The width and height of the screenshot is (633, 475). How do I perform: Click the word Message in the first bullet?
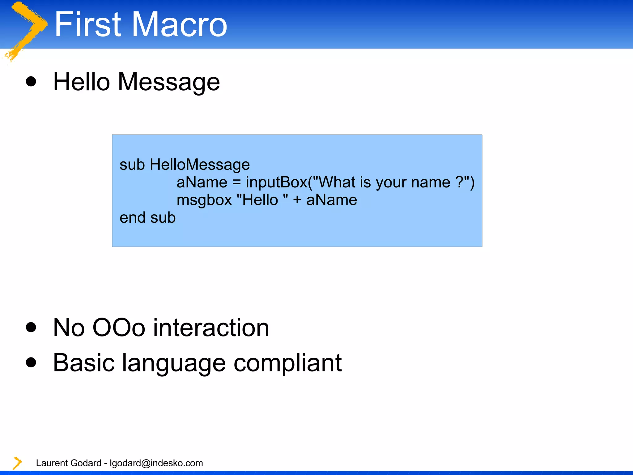(169, 82)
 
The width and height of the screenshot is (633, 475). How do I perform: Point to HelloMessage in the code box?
(200, 165)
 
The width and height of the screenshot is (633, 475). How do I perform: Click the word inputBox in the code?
(277, 182)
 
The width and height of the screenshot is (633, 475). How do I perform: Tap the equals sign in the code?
(236, 182)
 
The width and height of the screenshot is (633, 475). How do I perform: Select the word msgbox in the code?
(204, 200)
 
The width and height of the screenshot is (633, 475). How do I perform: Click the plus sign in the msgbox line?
(297, 200)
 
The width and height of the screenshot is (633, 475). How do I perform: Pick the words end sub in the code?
(148, 218)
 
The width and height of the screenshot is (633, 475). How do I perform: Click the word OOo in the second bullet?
(119, 328)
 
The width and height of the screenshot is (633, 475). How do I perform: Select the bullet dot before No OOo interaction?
(31, 327)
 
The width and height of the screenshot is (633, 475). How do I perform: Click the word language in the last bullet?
(174, 363)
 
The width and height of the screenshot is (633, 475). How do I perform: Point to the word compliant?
(287, 363)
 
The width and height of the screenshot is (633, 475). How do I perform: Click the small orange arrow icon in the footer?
(17, 463)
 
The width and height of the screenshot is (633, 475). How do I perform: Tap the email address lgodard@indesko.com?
(156, 463)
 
